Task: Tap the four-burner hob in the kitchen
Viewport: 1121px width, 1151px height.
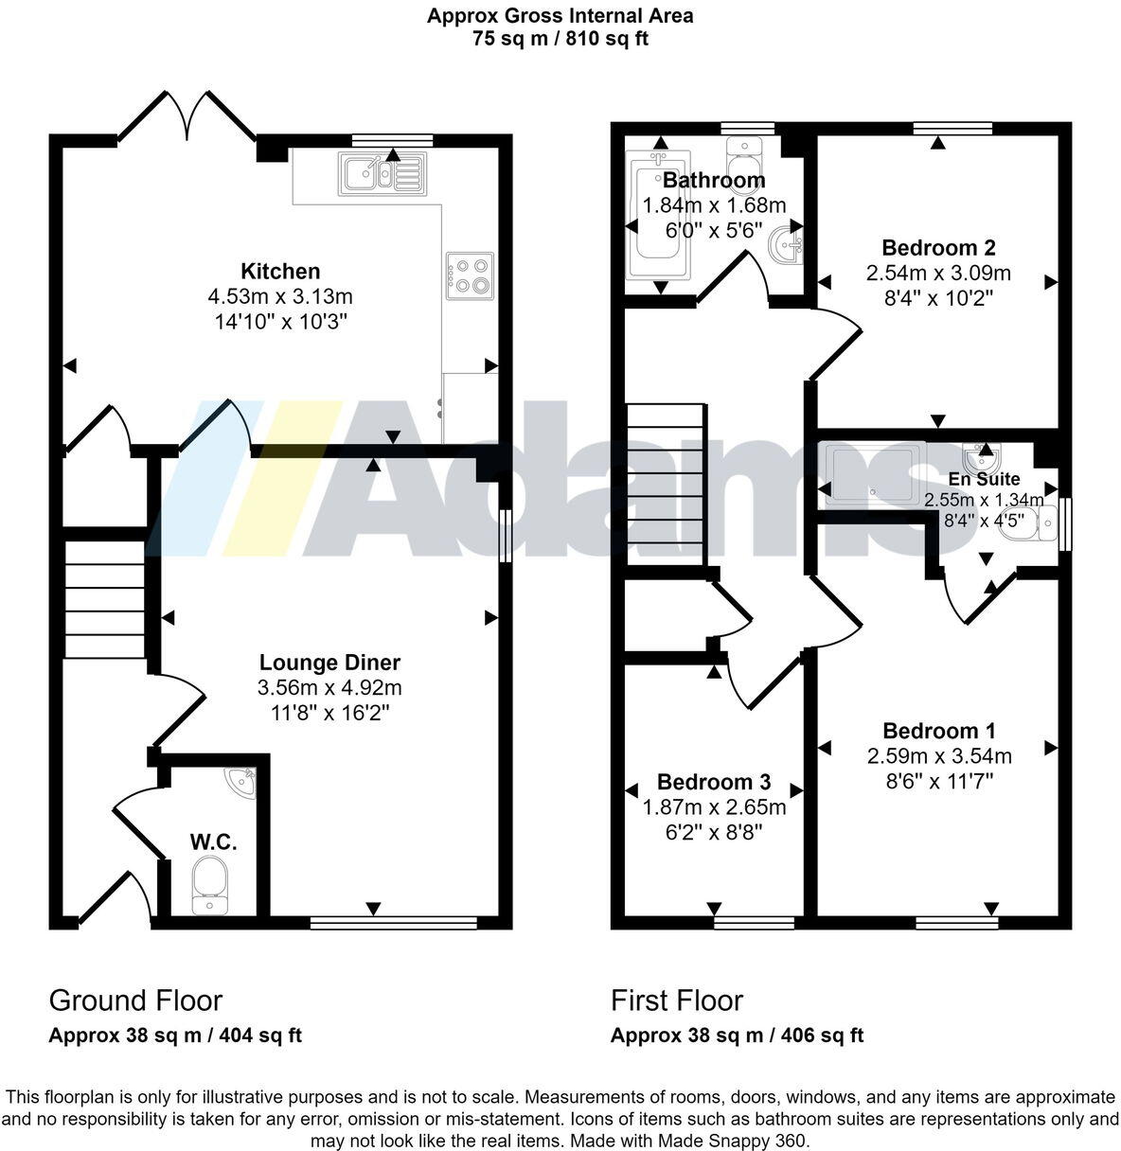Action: pyautogui.click(x=469, y=274)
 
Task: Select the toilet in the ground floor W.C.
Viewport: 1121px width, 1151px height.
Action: pyautogui.click(x=209, y=885)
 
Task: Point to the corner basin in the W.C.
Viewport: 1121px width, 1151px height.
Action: pyautogui.click(x=241, y=783)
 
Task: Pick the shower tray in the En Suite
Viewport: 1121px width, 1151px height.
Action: pyautogui.click(x=871, y=469)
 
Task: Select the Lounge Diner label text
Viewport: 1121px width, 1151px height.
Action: pyautogui.click(x=329, y=663)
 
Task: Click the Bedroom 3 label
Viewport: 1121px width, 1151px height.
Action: pyautogui.click(x=713, y=782)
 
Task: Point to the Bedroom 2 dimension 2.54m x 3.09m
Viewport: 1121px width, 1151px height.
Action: pyautogui.click(x=937, y=274)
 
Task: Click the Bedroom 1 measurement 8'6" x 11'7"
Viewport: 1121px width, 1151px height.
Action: pyautogui.click(x=937, y=780)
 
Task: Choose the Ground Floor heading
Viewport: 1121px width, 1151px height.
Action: pyautogui.click(x=135, y=1000)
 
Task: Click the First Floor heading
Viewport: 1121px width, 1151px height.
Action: pyautogui.click(x=676, y=1000)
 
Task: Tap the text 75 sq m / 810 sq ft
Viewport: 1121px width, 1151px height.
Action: pyautogui.click(x=560, y=39)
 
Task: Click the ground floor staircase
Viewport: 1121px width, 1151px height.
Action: pyautogui.click(x=104, y=598)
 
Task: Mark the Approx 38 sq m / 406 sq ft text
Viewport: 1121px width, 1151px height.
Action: pyautogui.click(x=737, y=1036)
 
